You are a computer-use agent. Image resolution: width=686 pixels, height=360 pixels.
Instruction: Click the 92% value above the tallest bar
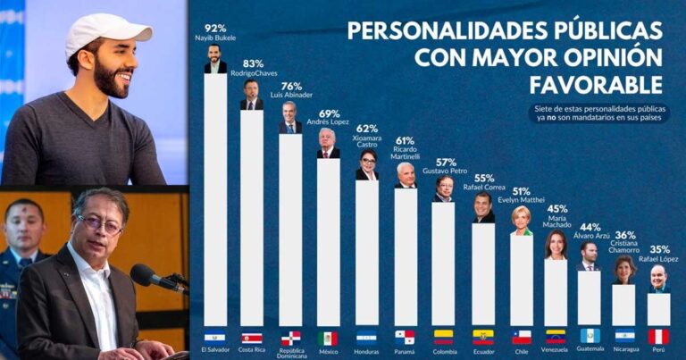214,28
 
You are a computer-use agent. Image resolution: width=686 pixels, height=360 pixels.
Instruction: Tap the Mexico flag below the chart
328,337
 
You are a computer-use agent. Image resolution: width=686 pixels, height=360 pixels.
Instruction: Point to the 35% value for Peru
658,249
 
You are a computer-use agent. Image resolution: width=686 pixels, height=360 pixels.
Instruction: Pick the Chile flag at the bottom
521,337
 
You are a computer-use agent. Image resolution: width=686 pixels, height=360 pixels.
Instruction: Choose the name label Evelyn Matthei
521,199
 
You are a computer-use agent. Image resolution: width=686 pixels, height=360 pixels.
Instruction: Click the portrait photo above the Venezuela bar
556,245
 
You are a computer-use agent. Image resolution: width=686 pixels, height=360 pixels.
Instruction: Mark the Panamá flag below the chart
406,337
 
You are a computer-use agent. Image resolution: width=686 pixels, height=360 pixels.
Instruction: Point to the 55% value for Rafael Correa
483,178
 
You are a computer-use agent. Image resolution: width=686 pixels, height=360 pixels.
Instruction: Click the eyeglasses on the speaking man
99,224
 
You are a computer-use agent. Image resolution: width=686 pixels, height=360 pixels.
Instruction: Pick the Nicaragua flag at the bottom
624,337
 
